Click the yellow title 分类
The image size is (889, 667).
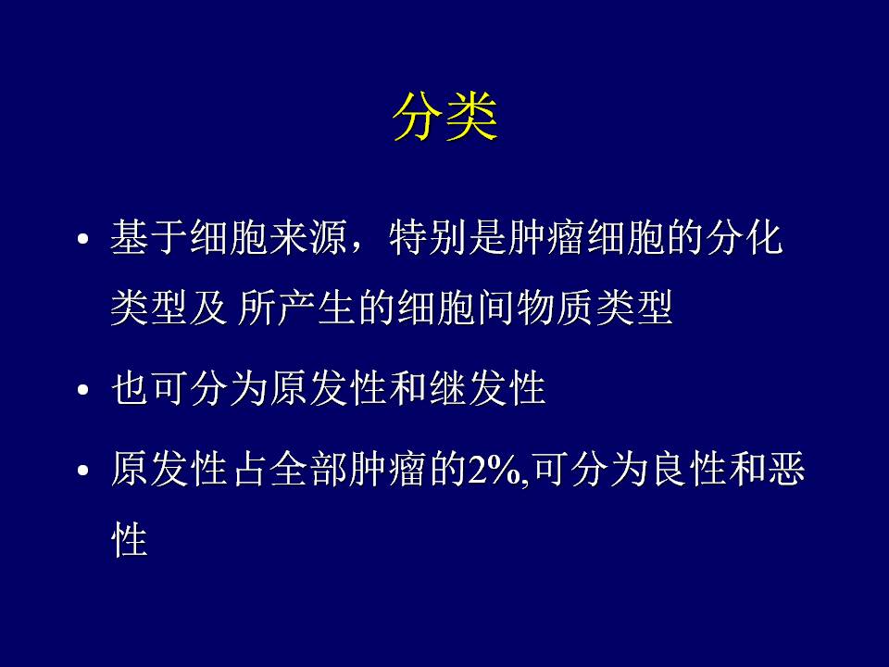pyautogui.click(x=445, y=117)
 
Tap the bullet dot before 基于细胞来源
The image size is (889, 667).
pyautogui.click(x=83, y=238)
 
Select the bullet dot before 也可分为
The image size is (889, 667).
pyautogui.click(x=83, y=390)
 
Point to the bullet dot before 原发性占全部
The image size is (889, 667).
pyautogui.click(x=83, y=471)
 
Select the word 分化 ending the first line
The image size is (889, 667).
pyautogui.click(x=745, y=237)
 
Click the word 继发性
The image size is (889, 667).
pyautogui.click(x=488, y=388)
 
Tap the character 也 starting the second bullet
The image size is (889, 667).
pyautogui.click(x=131, y=388)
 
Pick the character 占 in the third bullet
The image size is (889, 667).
pyautogui.click(x=250, y=470)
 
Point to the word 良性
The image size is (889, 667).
pyautogui.click(x=691, y=470)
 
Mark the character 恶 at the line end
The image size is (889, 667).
pyautogui.click(x=786, y=470)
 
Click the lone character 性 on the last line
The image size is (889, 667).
pyautogui.click(x=130, y=539)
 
